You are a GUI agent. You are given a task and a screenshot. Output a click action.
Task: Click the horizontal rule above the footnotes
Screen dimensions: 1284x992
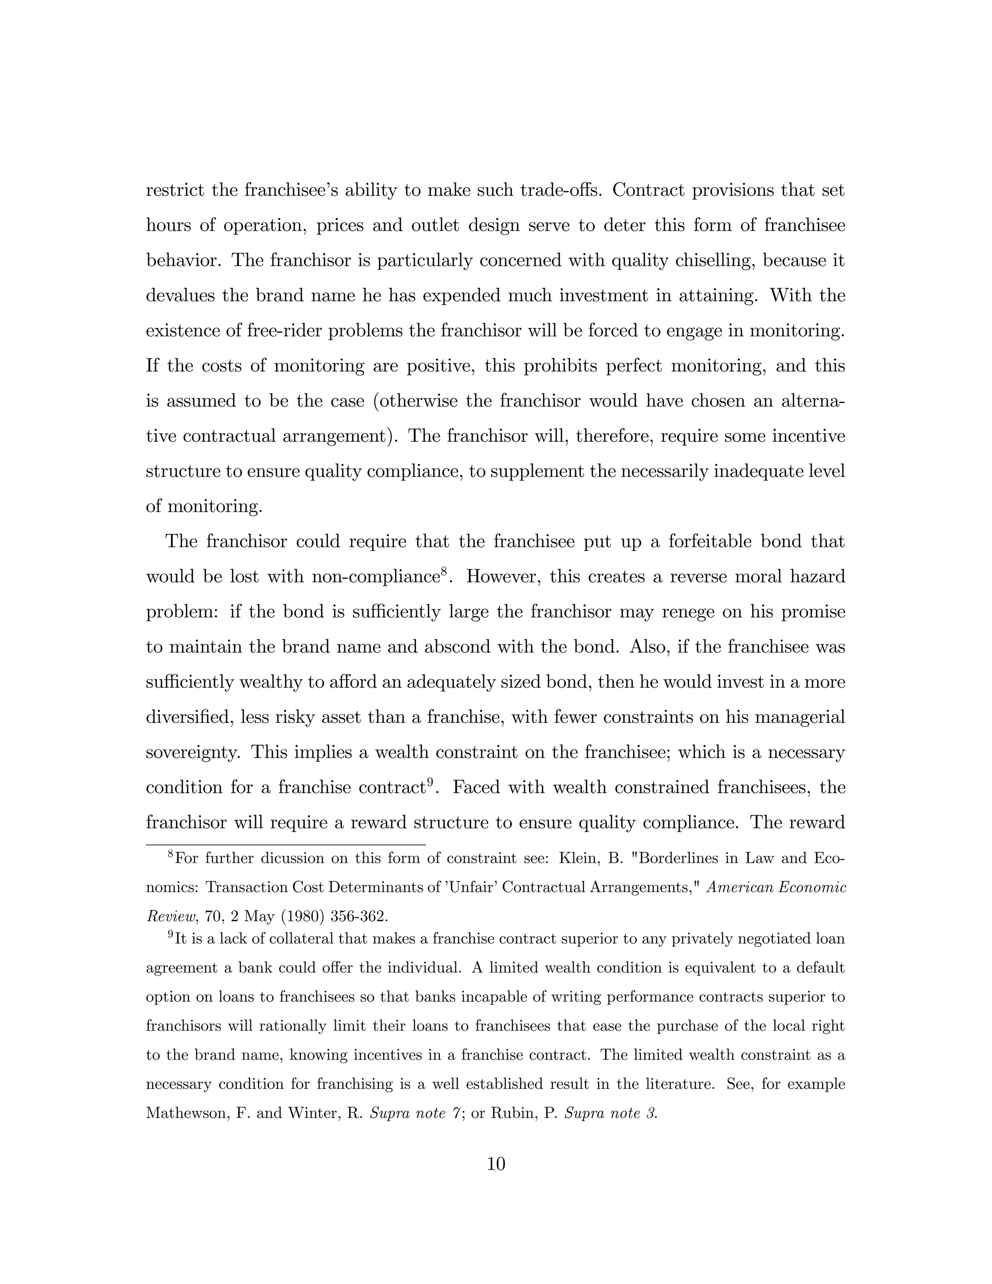[286, 845]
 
